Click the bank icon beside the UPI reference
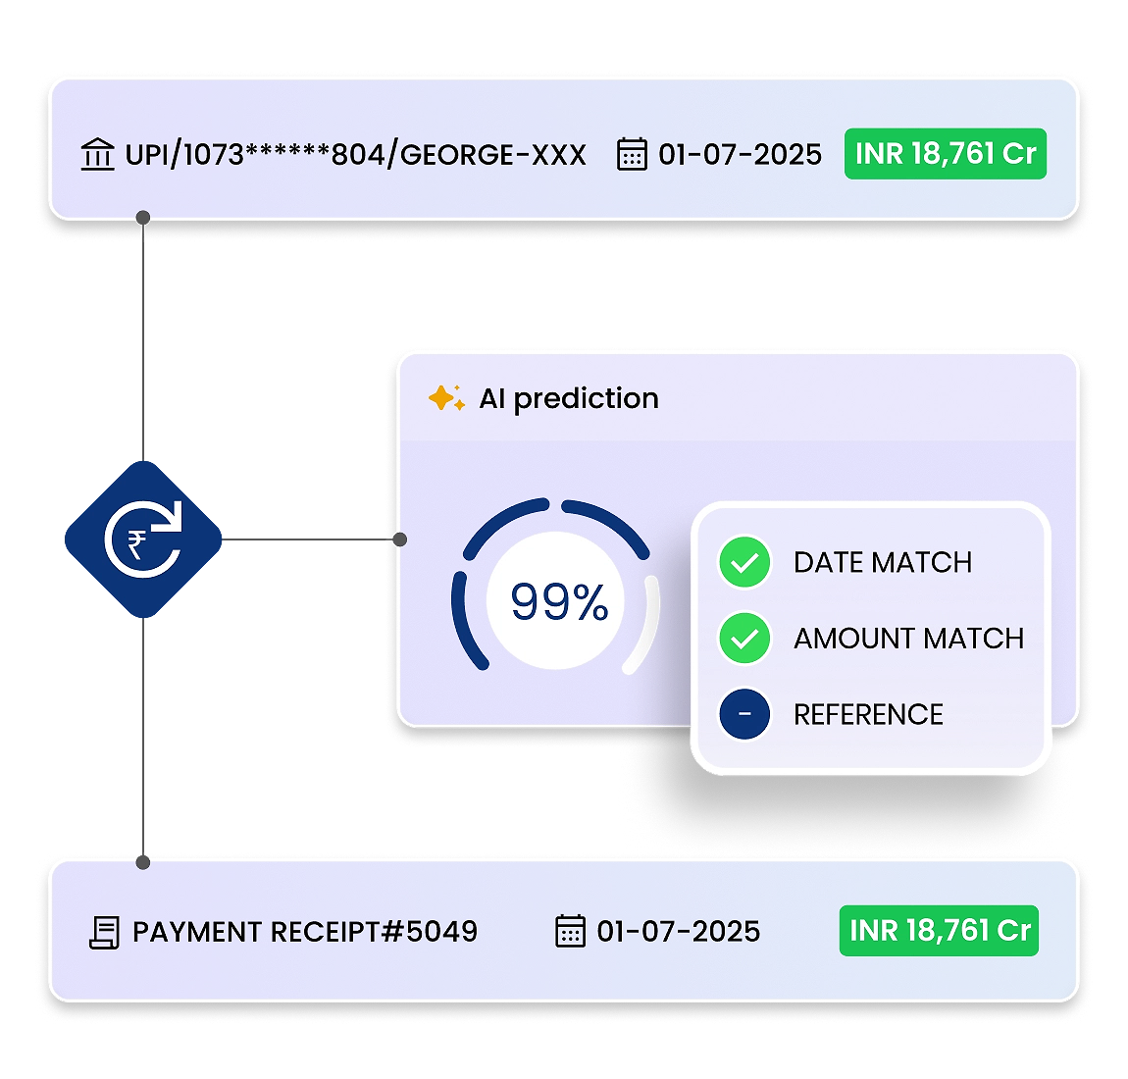[97, 155]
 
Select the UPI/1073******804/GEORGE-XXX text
[355, 155]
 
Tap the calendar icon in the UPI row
[632, 155]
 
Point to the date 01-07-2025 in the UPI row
[740, 155]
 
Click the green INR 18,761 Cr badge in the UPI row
[946, 154]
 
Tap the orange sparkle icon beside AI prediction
[446, 398]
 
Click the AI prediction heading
[569, 398]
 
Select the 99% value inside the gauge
[559, 601]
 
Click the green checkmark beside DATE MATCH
[744, 562]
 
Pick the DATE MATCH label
[883, 562]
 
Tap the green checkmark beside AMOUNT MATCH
[744, 639]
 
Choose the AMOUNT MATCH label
[908, 639]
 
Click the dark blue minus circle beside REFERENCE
[744, 714]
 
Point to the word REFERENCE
[868, 714]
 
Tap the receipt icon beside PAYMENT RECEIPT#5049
[104, 932]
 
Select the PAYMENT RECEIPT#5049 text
[305, 932]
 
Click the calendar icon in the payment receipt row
[570, 931]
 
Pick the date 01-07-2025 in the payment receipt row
[678, 931]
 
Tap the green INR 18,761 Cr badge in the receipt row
[939, 930]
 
